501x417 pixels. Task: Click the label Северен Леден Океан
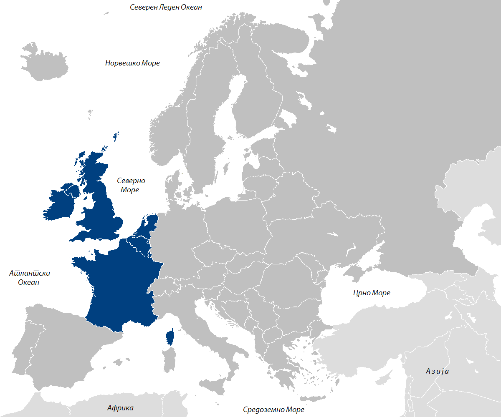pos(166,7)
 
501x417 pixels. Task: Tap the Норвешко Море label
pos(132,63)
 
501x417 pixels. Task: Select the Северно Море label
pos(130,185)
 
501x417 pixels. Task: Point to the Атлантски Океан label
pos(29,278)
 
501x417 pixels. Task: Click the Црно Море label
pos(371,293)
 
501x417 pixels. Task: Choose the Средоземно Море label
pos(273,409)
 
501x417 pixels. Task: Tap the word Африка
pos(120,408)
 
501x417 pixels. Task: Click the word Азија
pos(437,371)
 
